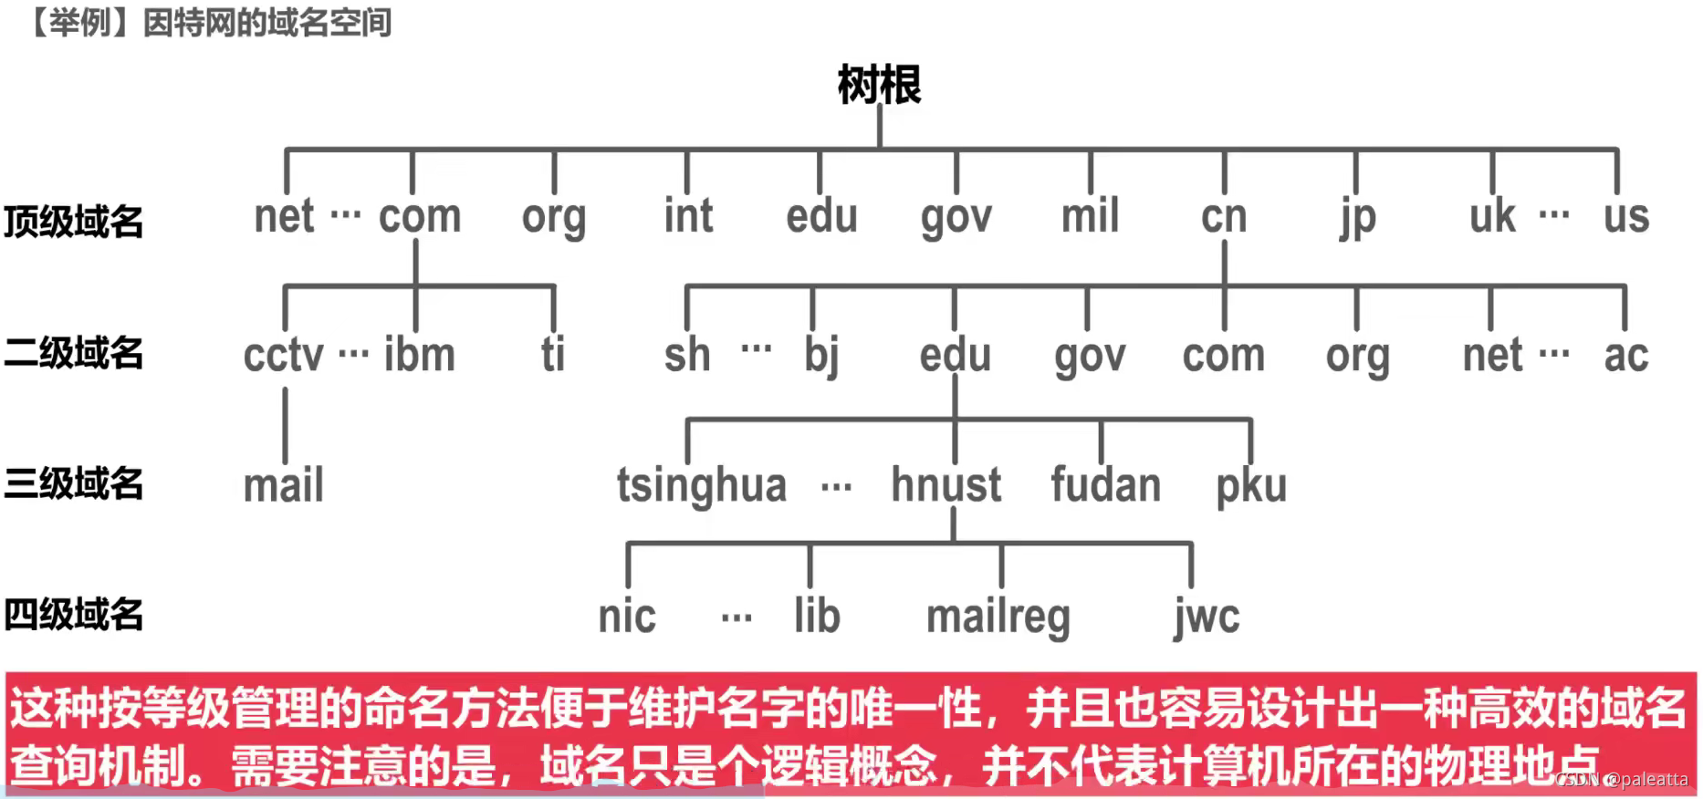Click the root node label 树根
click(x=879, y=86)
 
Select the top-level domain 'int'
click(x=688, y=217)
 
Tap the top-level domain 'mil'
click(x=1090, y=217)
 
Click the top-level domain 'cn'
click(x=1224, y=217)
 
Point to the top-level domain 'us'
click(x=1626, y=217)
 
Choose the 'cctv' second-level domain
click(x=283, y=355)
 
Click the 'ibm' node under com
click(x=419, y=355)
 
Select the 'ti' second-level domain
click(x=553, y=355)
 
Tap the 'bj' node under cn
click(x=821, y=356)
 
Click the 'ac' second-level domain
click(x=1626, y=356)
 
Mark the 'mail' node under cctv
click(x=284, y=485)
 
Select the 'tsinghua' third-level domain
click(x=701, y=485)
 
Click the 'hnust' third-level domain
click(x=946, y=485)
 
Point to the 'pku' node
click(x=1251, y=486)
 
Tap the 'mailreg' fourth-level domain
click(x=998, y=617)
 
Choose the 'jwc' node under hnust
click(x=1207, y=617)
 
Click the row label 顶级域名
click(x=74, y=222)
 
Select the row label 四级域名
click(x=74, y=615)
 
